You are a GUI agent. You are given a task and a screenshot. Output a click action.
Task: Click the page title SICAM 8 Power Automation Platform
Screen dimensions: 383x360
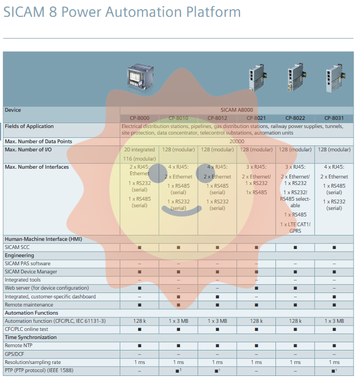pos(122,12)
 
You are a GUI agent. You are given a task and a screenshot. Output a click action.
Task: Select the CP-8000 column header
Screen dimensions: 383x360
pos(139,118)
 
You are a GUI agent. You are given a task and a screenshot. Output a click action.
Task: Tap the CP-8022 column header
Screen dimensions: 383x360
pos(295,118)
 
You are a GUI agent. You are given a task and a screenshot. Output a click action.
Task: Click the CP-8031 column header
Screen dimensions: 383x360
pos(334,118)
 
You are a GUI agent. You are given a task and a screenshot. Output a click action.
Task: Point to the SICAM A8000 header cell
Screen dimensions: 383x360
pos(236,110)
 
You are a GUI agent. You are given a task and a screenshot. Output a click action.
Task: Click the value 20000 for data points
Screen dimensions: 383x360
pos(236,142)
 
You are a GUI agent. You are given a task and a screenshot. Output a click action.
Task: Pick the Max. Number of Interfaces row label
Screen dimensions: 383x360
pos(37,167)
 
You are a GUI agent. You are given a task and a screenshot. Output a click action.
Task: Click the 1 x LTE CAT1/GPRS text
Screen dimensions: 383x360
pos(295,227)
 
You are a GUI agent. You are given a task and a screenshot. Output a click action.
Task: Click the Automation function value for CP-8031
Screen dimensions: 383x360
pos(334,321)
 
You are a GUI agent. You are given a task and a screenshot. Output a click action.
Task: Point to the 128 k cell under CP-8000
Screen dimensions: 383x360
pos(139,321)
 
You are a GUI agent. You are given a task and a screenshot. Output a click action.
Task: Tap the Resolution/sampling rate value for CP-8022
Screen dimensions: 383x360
pos(295,362)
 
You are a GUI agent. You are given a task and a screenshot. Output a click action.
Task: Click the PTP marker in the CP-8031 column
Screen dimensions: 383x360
pos(334,371)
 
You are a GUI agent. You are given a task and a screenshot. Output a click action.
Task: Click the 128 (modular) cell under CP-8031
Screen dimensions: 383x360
pos(334,150)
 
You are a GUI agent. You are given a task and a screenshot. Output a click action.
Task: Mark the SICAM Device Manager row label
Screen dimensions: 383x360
pos(31,272)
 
